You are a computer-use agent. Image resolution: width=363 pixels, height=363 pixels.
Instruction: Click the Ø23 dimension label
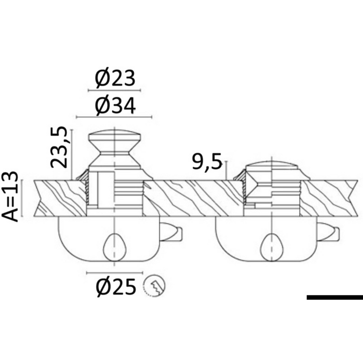coord(115,78)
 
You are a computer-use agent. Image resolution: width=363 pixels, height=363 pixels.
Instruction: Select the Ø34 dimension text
coord(116,106)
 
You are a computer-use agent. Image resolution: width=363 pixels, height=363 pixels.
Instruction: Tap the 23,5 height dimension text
coord(59,147)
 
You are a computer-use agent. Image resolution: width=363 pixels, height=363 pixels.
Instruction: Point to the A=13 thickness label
coord(10,196)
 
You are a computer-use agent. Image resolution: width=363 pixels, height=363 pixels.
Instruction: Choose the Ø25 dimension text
coord(116,287)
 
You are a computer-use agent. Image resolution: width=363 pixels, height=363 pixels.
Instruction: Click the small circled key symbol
coord(154,286)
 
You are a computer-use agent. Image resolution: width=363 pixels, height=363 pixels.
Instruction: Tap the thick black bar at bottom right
coord(335,297)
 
